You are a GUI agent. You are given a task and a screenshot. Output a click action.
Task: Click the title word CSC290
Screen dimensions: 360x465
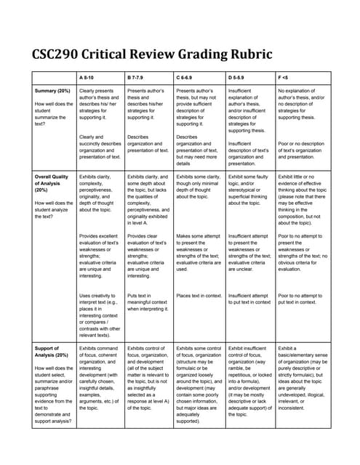pyautogui.click(x=60, y=54)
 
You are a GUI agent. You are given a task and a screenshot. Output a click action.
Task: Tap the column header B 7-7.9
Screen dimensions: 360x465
pyautogui.click(x=138, y=76)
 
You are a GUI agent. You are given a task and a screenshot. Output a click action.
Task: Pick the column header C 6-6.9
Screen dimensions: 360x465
pyautogui.click(x=188, y=76)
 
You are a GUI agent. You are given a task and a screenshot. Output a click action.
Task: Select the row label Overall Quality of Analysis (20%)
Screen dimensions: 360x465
pyautogui.click(x=52, y=185)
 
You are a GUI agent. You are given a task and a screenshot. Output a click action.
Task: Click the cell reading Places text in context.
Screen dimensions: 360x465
pyautogui.click(x=198, y=296)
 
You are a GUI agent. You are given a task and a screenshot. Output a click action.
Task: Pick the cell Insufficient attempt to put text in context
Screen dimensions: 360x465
pyautogui.click(x=249, y=299)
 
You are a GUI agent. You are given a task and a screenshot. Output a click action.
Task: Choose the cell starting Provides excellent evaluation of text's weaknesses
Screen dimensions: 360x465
pyautogui.click(x=100, y=256)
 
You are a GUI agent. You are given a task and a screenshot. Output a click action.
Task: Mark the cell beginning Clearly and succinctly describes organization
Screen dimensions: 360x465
pyautogui.click(x=100, y=147)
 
